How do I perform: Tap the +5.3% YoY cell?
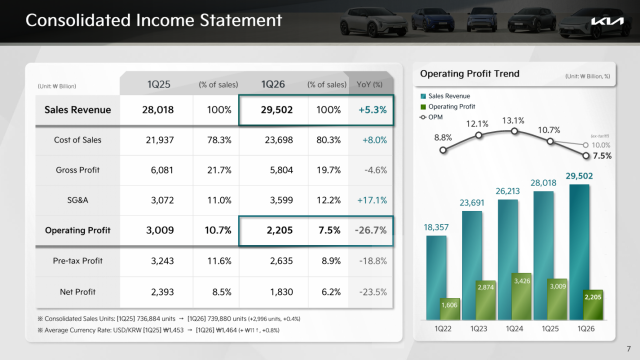pos(371,109)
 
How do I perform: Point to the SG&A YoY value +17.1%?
pos(371,201)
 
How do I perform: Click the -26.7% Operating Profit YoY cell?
pos(371,231)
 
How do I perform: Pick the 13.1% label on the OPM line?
pos(513,121)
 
